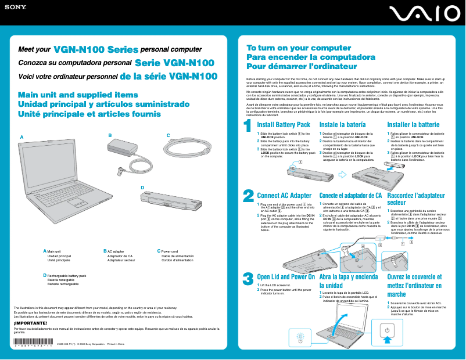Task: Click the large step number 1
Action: coord(248,125)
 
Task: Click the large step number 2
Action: coord(248,196)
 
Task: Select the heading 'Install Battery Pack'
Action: coord(284,125)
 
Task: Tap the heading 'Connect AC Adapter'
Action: coord(284,196)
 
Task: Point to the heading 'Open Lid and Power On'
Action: coord(285,277)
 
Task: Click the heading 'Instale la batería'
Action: coord(342,125)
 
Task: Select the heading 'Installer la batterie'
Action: coord(413,125)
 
